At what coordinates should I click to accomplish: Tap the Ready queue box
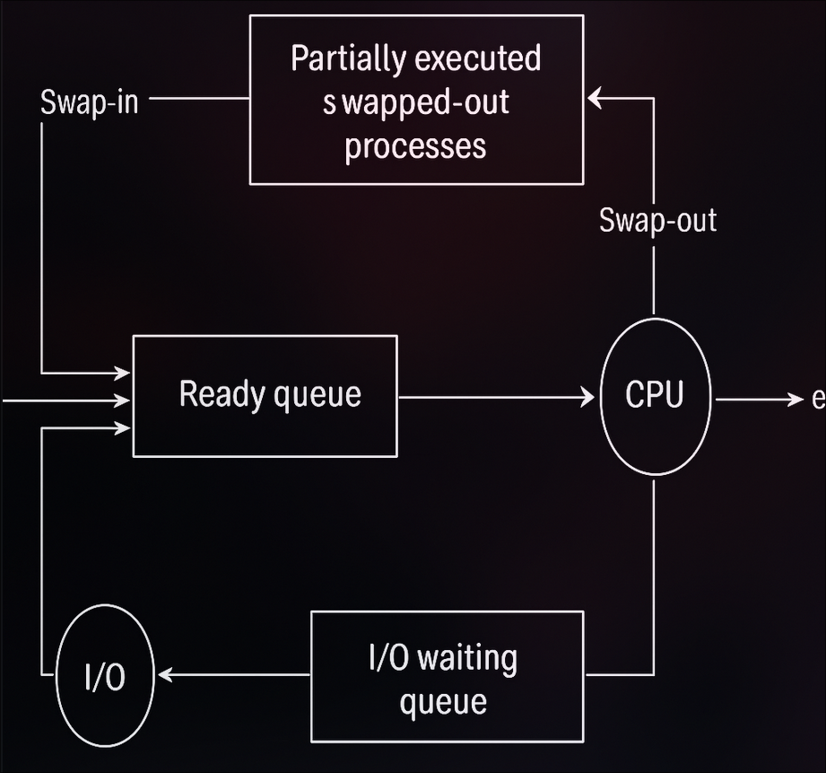[x=265, y=396]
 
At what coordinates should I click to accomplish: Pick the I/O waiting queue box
[x=447, y=676]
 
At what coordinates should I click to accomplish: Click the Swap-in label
[x=90, y=102]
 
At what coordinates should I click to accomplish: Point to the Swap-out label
[x=657, y=220]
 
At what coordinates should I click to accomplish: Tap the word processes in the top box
[x=416, y=145]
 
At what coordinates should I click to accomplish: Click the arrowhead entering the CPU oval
[x=588, y=396]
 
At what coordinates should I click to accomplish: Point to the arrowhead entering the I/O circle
[x=164, y=674]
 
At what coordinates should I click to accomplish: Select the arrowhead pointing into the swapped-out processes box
[x=595, y=101]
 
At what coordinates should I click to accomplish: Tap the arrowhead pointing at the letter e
[x=795, y=398]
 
